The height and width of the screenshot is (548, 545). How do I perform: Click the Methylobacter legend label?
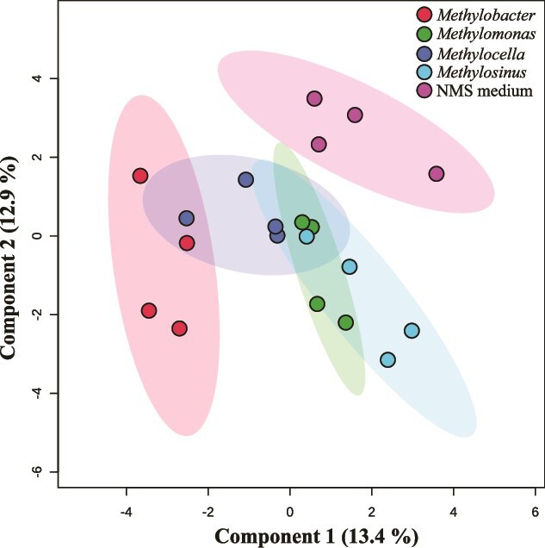486,15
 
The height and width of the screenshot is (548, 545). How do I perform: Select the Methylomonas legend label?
486,34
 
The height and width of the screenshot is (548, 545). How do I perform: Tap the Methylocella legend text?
480,53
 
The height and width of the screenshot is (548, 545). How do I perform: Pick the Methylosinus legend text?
481,72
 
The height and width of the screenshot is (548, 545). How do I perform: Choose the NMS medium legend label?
485,90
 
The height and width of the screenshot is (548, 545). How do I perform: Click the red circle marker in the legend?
424,15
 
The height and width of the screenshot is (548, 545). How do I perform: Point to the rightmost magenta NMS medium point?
436,174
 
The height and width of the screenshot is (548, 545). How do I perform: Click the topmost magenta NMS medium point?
314,98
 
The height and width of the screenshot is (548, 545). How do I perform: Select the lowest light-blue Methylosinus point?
388,359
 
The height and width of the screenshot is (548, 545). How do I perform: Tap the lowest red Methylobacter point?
179,328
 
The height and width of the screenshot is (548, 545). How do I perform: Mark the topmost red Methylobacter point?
140,176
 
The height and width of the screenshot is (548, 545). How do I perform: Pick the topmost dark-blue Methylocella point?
245,179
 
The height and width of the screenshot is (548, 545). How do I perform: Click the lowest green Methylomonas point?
345,322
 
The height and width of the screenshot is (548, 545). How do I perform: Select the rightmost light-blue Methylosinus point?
412,330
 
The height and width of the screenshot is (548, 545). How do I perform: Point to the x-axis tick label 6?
535,513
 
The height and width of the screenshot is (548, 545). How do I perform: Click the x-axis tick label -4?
126,513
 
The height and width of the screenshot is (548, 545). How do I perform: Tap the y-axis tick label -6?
38,472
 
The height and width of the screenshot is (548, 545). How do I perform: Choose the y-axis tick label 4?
38,78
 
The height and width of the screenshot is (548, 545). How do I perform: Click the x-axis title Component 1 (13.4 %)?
316,537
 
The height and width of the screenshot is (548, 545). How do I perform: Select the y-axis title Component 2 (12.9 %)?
9,258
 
